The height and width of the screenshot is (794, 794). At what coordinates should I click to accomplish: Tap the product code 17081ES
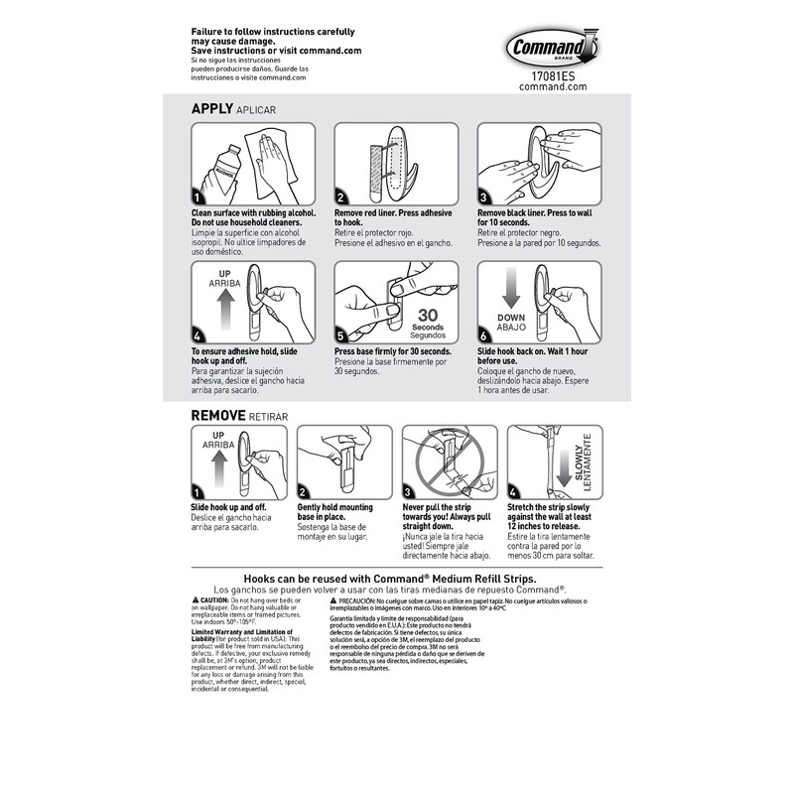[553, 74]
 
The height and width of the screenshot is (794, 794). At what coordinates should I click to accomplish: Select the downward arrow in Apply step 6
[511, 290]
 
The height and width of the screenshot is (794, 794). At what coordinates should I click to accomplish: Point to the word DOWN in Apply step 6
[512, 318]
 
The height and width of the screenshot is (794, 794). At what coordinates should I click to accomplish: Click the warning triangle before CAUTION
[196, 601]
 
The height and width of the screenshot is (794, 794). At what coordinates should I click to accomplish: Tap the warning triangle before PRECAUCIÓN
[334, 601]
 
